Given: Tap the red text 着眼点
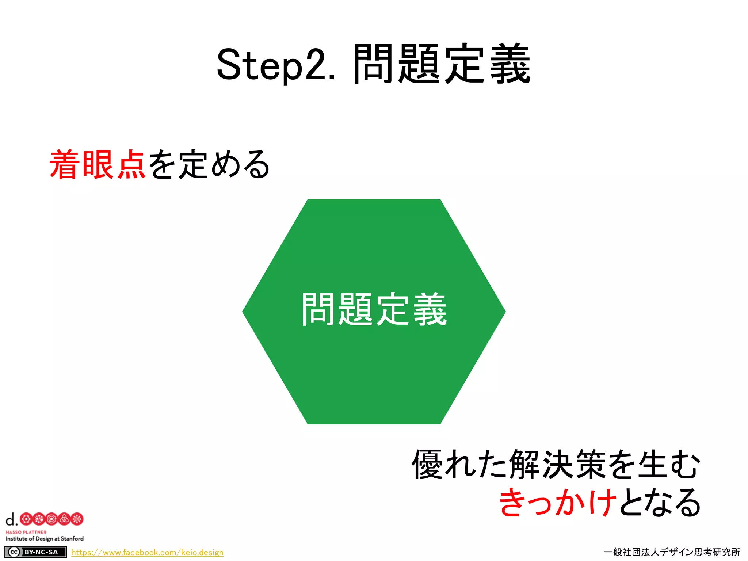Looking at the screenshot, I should coord(98,165).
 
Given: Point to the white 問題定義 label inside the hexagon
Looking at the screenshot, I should coord(374,310).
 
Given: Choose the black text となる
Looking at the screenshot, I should coord(660,503).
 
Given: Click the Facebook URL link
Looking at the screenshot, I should coord(147,552).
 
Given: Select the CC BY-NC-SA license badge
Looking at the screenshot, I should coord(35,552).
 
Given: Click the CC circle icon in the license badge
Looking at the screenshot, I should coord(14,552).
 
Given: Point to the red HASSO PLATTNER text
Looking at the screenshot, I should coord(26,532).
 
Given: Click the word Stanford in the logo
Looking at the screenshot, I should coord(72,539).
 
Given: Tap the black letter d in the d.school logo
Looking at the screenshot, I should coord(11,519).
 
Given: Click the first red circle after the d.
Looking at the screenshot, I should coord(26,519).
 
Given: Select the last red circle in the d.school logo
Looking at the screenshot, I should coord(77,519).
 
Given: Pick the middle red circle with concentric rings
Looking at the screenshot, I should coord(51,519).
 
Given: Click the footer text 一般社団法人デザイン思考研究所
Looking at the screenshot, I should coord(672,552).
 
